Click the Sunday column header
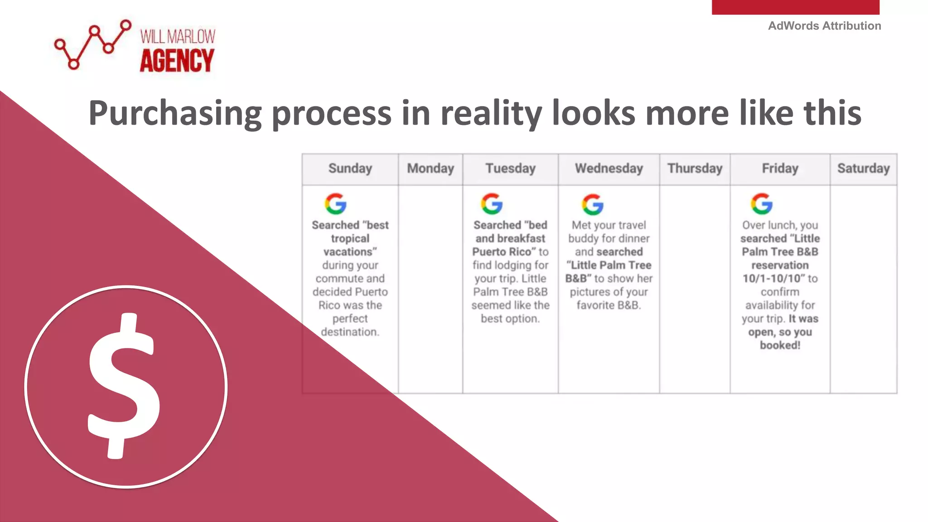(x=350, y=169)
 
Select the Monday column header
(x=430, y=169)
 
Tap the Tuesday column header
(x=510, y=169)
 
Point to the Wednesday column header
(x=609, y=169)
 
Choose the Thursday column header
(x=695, y=169)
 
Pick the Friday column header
(x=780, y=169)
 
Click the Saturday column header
(x=863, y=169)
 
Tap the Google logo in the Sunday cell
(x=336, y=204)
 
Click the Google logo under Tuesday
(x=492, y=204)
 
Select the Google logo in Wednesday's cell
(x=593, y=204)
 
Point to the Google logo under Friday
(x=762, y=204)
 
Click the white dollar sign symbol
(x=123, y=386)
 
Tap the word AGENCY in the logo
(x=177, y=61)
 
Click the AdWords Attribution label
(x=824, y=26)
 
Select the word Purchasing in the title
(x=175, y=113)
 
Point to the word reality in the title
(x=491, y=113)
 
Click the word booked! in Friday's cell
(x=780, y=345)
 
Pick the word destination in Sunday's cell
(x=349, y=332)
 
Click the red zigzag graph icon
(x=92, y=44)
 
